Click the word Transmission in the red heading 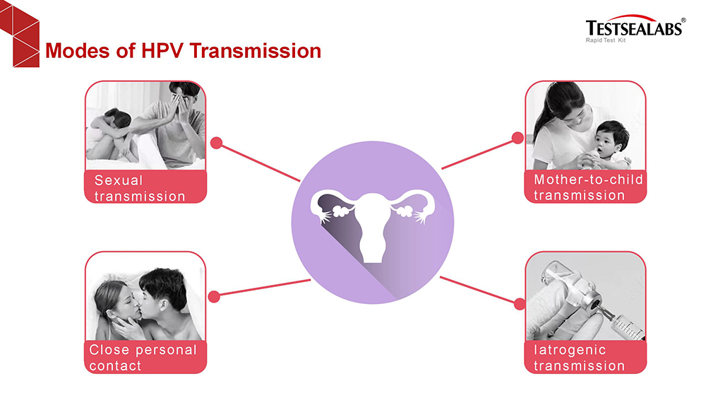click(x=256, y=50)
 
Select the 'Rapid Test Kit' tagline click(x=606, y=40)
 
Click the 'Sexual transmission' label click(x=140, y=189)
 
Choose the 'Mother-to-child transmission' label click(x=588, y=187)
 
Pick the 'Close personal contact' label click(x=143, y=358)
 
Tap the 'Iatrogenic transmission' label click(x=579, y=358)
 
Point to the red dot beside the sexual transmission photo click(x=217, y=143)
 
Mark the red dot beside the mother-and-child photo click(x=517, y=138)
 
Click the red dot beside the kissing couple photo click(x=215, y=297)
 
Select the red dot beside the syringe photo click(x=520, y=304)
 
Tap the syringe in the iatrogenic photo click(x=621, y=322)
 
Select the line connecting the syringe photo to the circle click(x=477, y=290)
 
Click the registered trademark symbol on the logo click(x=683, y=21)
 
